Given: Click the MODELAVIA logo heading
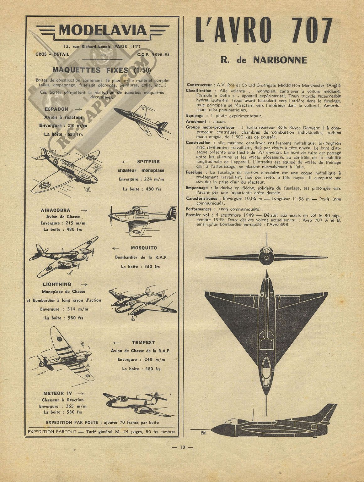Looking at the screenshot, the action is click(103, 30).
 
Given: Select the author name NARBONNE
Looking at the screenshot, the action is click(280, 60).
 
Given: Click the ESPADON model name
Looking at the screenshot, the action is click(56, 109).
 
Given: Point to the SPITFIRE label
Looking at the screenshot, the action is click(148, 161).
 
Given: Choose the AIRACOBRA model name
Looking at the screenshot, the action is click(55, 210).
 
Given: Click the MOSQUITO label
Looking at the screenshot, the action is click(144, 248).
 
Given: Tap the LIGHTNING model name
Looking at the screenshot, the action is click(57, 284).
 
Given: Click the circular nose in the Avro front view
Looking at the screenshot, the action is click(266, 258).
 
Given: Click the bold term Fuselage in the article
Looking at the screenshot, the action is click(194, 172).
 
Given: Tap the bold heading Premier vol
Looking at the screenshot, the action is click(197, 215).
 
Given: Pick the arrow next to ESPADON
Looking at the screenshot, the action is click(78, 109).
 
